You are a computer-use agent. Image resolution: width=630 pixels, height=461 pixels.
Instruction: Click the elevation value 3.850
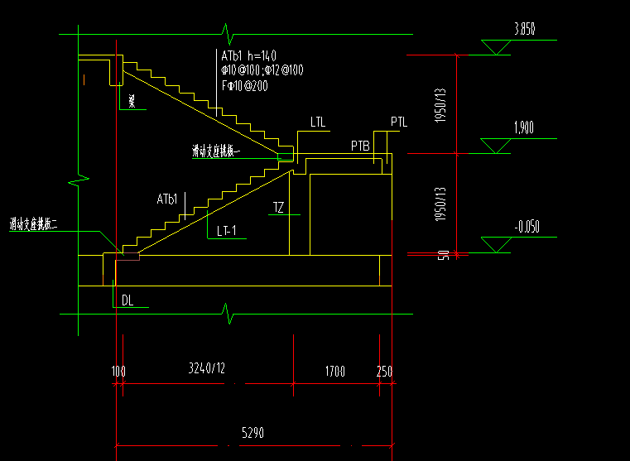[525, 29]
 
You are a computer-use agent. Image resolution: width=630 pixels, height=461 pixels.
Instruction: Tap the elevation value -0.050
[527, 226]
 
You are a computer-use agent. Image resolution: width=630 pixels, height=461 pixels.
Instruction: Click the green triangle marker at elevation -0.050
[496, 245]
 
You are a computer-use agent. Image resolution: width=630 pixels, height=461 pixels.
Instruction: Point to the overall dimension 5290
[253, 433]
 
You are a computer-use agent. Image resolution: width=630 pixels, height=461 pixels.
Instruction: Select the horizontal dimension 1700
[335, 372]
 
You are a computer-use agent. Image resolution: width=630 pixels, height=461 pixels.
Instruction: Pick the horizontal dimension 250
[384, 372]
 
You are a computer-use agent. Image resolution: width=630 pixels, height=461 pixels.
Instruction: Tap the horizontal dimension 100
[118, 372]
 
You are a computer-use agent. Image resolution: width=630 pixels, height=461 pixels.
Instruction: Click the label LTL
[318, 122]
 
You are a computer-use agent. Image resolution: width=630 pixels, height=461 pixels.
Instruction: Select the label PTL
[399, 122]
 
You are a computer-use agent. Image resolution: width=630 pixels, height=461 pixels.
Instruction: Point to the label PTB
[359, 146]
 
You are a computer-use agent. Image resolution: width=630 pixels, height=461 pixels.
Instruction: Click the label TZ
[278, 209]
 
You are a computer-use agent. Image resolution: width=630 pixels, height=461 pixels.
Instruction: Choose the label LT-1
[233, 231]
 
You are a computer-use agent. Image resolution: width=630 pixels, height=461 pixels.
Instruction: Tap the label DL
[127, 300]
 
